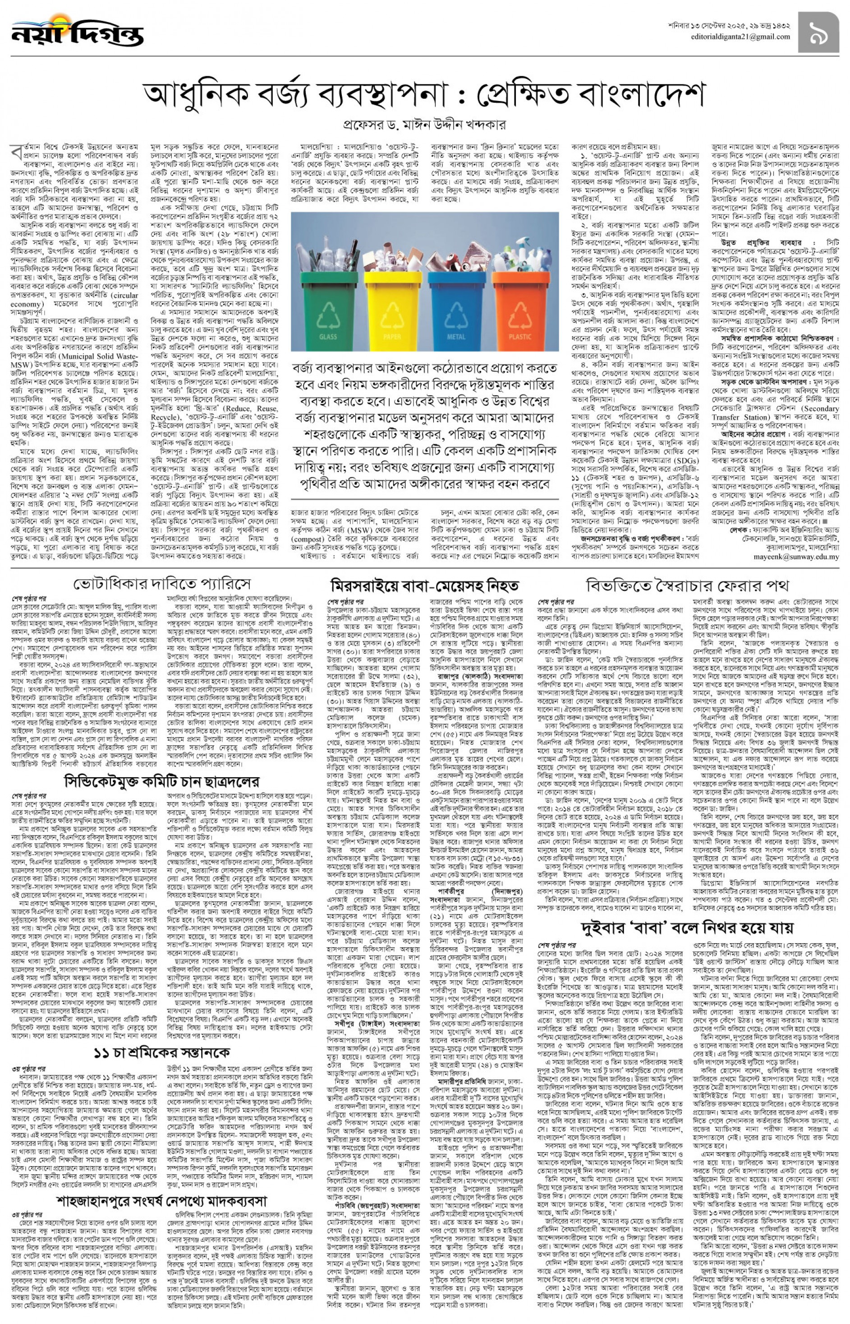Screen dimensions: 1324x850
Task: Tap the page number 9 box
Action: pos(818,32)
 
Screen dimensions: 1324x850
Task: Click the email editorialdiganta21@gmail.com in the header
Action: pos(740,37)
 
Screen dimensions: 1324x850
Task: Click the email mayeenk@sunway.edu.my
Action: pos(796,557)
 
